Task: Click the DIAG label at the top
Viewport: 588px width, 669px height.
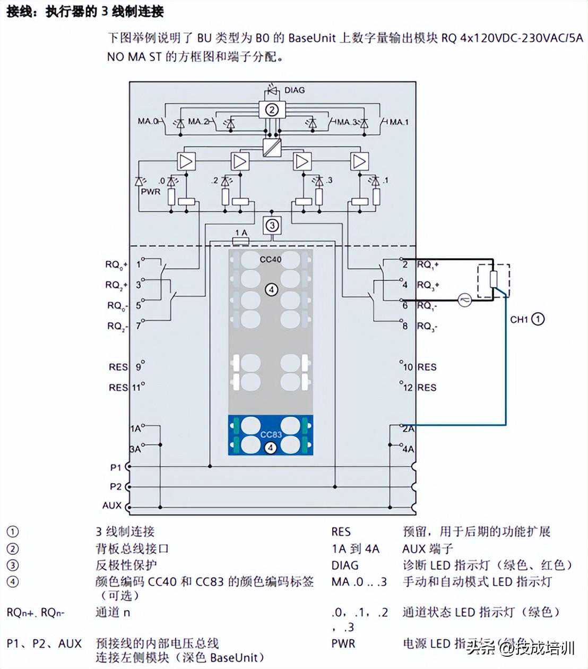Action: [x=295, y=90]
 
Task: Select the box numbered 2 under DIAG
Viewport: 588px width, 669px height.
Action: [x=272, y=110]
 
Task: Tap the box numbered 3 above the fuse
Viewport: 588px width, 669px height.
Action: [x=272, y=225]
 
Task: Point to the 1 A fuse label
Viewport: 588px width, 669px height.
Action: [x=241, y=233]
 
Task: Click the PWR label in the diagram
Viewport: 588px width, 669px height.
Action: [x=150, y=191]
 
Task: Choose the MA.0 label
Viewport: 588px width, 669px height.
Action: [x=148, y=121]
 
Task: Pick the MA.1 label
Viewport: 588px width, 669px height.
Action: [x=399, y=122]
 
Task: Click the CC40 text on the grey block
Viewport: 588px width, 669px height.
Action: [x=271, y=260]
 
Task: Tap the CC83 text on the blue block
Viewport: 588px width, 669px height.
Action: [x=271, y=435]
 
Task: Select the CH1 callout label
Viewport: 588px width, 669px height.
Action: [x=519, y=319]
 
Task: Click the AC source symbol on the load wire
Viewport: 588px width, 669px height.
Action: [x=465, y=300]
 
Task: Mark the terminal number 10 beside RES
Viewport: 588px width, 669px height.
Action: [x=408, y=367]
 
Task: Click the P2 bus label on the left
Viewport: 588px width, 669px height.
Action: [x=116, y=486]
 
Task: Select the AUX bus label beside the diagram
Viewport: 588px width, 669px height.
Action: [x=112, y=505]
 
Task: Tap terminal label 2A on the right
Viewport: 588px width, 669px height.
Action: [x=408, y=428]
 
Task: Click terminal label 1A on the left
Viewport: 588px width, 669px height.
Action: [x=136, y=428]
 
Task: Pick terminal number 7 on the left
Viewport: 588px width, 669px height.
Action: [x=139, y=325]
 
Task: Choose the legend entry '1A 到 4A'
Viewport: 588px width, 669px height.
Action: [x=355, y=548]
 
